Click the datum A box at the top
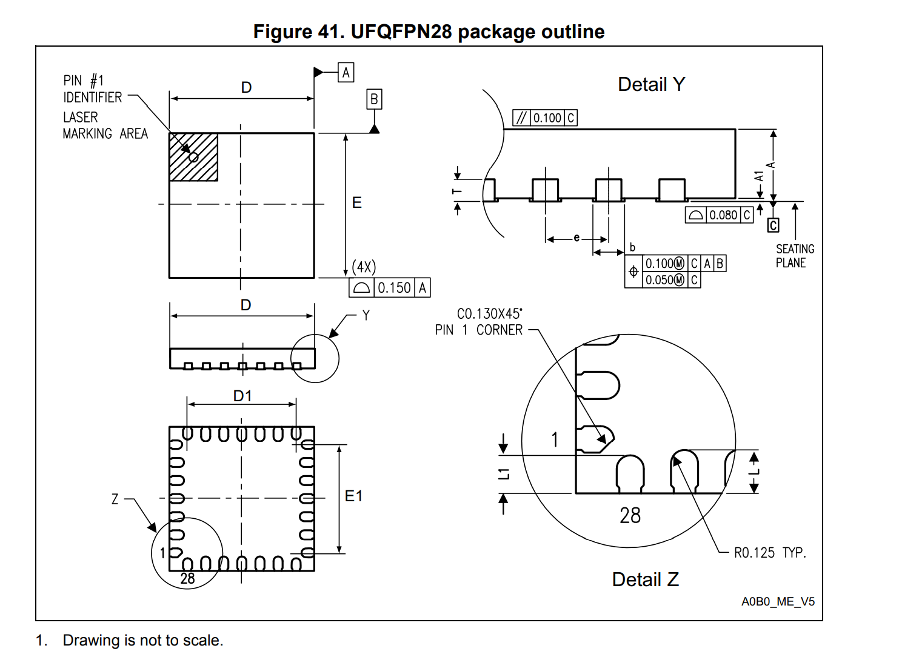point(346,73)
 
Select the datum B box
point(374,99)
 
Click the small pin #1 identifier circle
point(193,157)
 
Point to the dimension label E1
point(353,496)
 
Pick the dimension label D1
point(242,396)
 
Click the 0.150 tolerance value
point(394,288)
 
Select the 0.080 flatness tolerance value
point(723,215)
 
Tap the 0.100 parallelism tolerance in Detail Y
point(547,118)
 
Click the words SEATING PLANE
point(794,256)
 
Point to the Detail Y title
point(652,84)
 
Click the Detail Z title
point(645,579)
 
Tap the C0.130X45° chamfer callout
point(489,314)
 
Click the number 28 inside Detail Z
point(630,516)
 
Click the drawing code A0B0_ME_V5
point(778,601)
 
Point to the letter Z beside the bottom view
point(115,499)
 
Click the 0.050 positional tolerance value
point(659,280)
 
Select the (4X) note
point(364,267)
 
